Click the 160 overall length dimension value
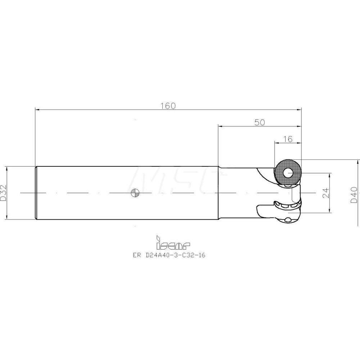click(168, 106)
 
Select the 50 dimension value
click(260, 122)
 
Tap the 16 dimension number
click(288, 139)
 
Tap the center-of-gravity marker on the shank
click(134, 193)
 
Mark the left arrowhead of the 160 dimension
click(37, 109)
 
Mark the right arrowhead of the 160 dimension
click(300, 109)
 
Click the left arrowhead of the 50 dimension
click(220, 126)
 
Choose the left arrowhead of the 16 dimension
click(276, 143)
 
